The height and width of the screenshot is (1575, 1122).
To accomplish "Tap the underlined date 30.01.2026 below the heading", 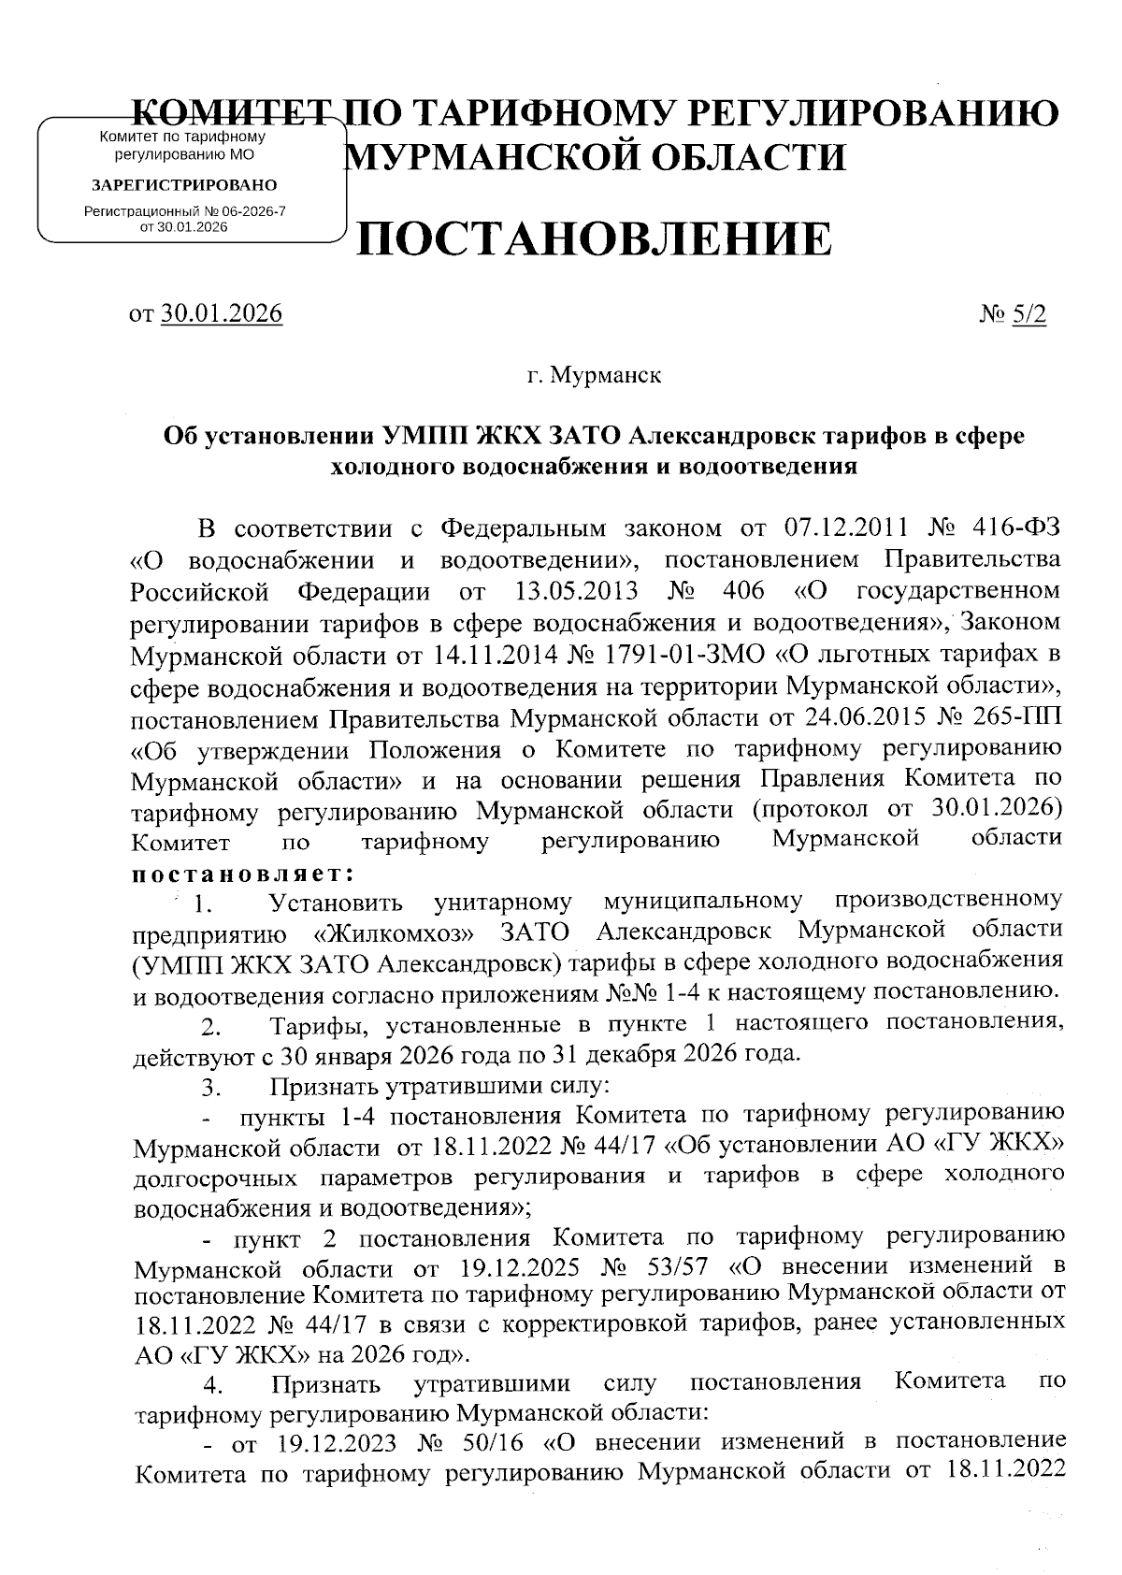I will coord(222,313).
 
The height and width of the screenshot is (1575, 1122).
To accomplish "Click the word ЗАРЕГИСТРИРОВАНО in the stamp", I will coord(183,185).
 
